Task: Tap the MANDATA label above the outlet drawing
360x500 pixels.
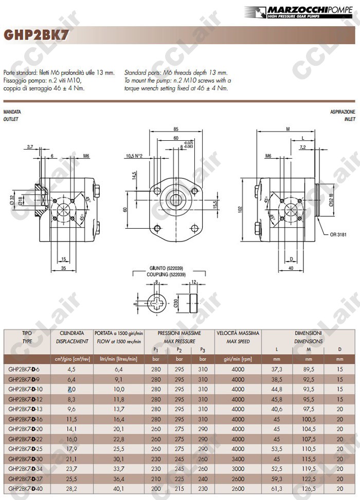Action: click(12, 112)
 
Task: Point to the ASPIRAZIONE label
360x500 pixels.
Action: click(343, 112)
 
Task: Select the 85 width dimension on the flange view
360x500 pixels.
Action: click(176, 128)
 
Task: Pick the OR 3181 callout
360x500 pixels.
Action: click(338, 235)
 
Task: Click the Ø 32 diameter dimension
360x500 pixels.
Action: click(12, 200)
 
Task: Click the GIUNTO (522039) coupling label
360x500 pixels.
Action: click(165, 268)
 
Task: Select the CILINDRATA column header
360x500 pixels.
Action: click(71, 333)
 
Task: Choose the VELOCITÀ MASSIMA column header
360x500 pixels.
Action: click(238, 333)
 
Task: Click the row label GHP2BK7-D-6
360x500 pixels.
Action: click(24, 369)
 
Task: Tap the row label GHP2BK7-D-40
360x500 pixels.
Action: click(25, 488)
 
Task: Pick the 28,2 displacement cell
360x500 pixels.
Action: click(71, 488)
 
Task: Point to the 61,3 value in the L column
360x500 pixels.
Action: click(277, 488)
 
